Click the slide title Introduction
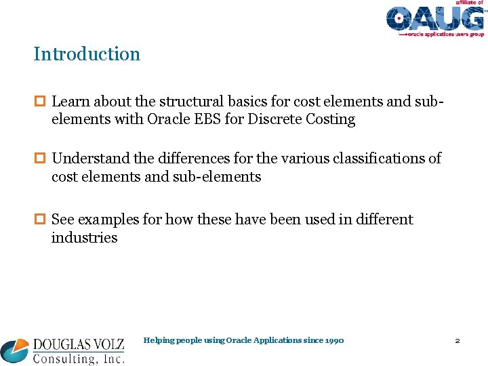tap(87, 54)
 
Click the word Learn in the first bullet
tap(70, 102)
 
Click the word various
tap(296, 159)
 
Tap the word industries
tap(84, 238)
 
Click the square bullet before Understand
tap(39, 159)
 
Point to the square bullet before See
tap(39, 220)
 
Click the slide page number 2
tap(457, 340)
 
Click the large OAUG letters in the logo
tap(434, 18)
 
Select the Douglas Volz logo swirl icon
tap(16, 350)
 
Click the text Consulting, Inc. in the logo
tap(78, 357)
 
